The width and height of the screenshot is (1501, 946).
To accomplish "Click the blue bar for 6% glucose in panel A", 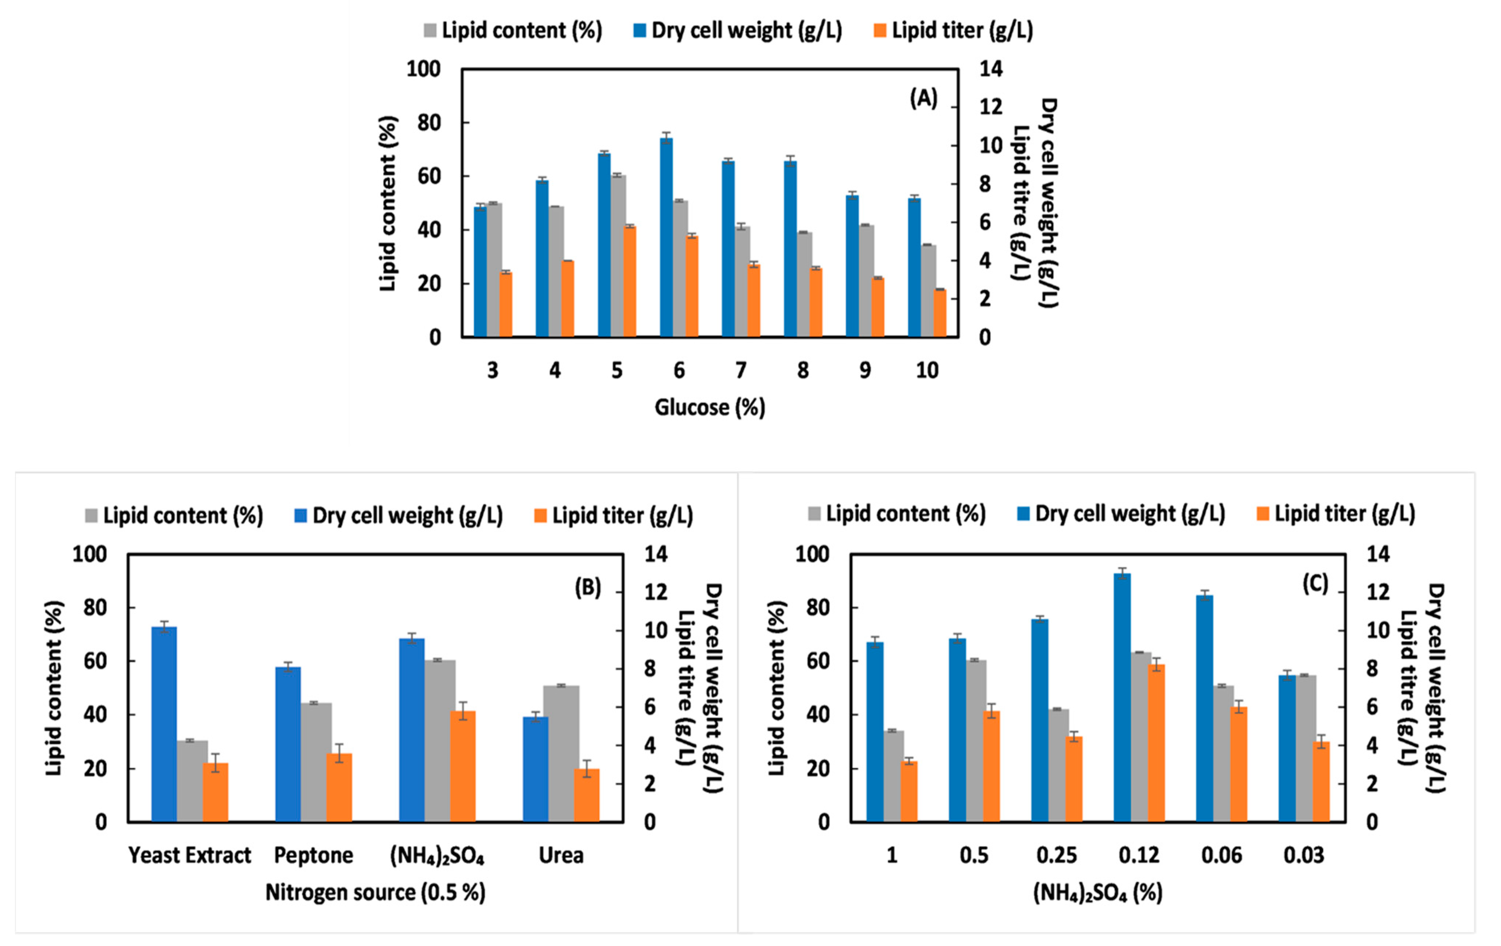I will [x=666, y=237].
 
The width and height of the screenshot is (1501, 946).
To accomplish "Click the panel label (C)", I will [x=1315, y=584].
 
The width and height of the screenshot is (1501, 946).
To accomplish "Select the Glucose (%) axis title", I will [x=709, y=407].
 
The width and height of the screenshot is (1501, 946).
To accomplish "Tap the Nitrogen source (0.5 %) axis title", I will [x=375, y=892].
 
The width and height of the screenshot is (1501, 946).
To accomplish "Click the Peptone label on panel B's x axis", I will [x=313, y=855].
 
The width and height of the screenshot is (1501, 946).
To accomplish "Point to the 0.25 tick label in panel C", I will [x=1056, y=855].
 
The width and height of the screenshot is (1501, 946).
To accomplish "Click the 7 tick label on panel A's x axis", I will [x=740, y=370].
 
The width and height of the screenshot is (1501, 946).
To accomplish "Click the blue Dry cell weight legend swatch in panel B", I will [x=301, y=516].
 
